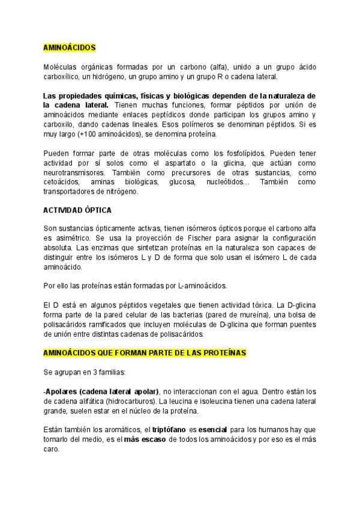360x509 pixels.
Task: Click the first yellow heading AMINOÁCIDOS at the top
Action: click(x=69, y=47)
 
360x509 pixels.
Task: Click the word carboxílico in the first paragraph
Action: click(x=64, y=76)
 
